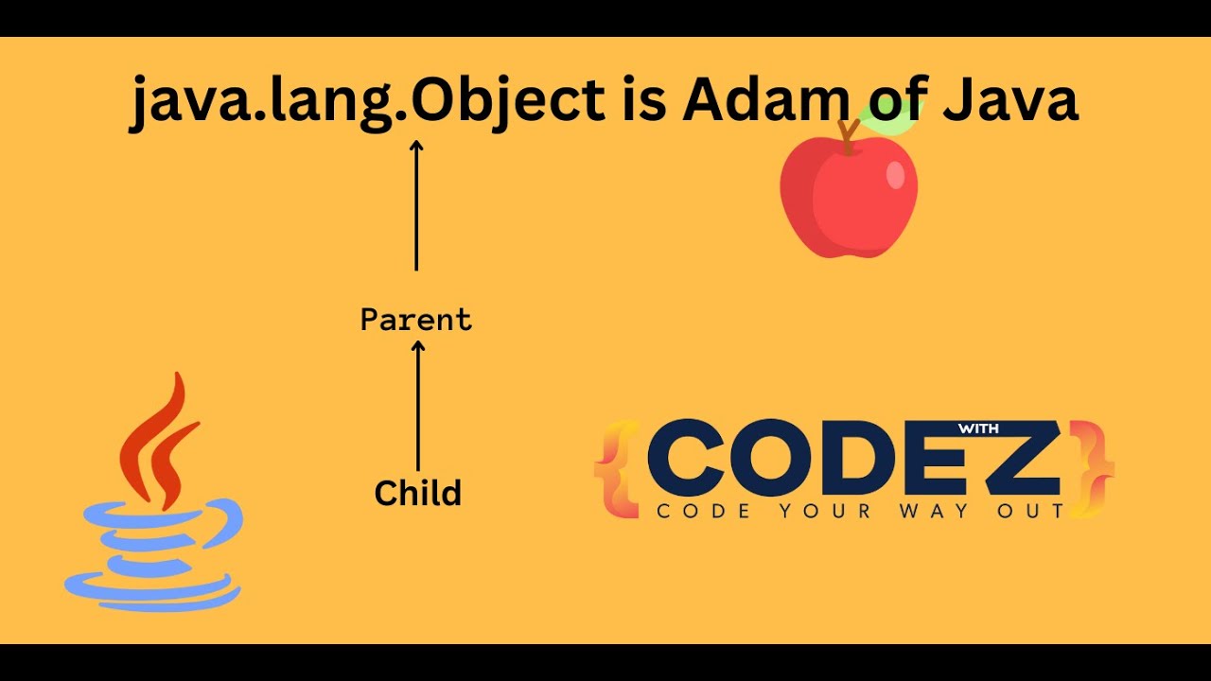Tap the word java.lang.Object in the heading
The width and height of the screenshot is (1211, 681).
coord(367,102)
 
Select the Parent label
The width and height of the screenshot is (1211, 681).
coord(416,320)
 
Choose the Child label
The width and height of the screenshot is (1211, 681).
coord(417,493)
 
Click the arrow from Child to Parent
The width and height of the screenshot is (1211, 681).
coord(418,407)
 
